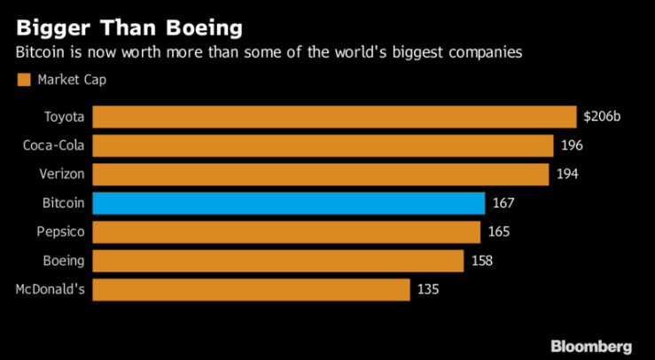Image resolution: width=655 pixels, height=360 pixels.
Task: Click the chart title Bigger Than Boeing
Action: [129, 27]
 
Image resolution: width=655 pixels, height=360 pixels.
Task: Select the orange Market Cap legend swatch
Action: [24, 81]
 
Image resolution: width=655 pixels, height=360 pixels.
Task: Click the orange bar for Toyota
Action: [334, 117]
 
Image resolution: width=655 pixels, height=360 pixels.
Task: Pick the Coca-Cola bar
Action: [324, 145]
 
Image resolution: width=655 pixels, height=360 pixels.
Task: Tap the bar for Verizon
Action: [320, 174]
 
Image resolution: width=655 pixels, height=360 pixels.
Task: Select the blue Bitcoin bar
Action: [288, 203]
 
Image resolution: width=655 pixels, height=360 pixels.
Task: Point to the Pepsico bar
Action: [286, 232]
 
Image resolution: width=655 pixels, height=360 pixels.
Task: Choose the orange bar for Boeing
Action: [277, 261]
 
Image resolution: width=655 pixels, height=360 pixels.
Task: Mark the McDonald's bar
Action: [251, 290]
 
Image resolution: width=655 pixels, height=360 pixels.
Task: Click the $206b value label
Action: [602, 116]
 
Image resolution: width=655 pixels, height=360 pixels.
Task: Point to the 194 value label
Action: [567, 174]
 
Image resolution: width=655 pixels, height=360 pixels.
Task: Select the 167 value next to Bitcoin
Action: [503, 203]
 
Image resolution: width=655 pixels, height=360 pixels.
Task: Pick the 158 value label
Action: [481, 261]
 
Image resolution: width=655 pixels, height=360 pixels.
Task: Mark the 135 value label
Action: [428, 290]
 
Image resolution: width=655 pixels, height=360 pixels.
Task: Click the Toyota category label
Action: [64, 117]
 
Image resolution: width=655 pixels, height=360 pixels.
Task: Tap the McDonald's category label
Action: [51, 290]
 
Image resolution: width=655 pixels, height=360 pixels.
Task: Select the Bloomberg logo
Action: [590, 345]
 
